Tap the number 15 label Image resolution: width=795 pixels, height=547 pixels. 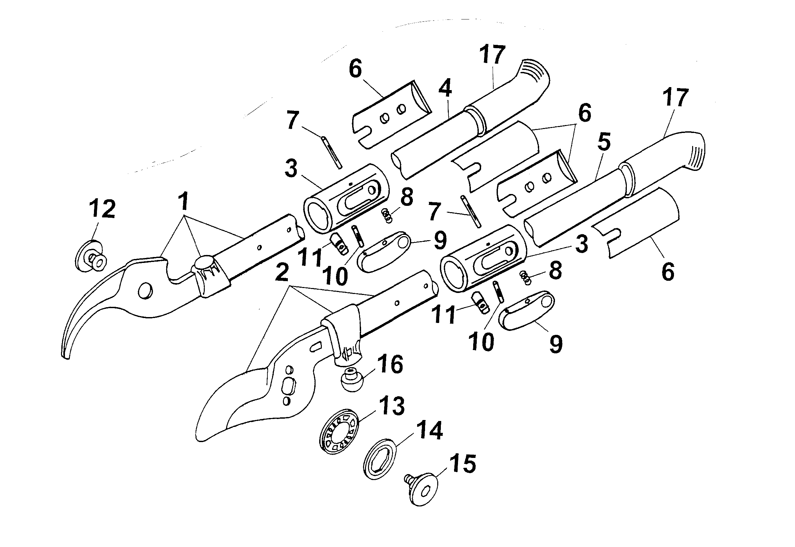(462, 464)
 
